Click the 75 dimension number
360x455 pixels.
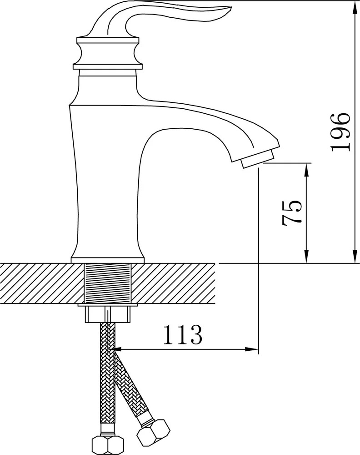point(292,212)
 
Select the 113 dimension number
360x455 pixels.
point(183,334)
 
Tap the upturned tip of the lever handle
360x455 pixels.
point(230,9)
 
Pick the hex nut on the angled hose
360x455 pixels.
point(153,432)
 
